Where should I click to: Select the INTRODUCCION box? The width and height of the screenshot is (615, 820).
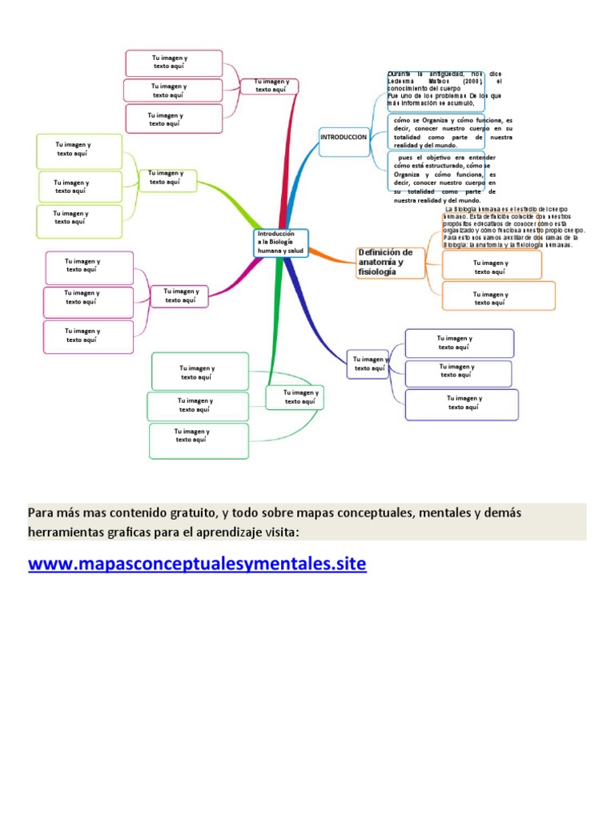[x=344, y=138]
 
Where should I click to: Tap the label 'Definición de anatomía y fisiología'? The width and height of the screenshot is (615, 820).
[x=387, y=263]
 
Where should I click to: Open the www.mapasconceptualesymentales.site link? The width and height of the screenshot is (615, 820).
[x=197, y=564]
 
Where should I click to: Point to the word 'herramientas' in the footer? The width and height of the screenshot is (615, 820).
[x=72, y=533]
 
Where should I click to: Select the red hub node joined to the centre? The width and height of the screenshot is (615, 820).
[x=271, y=86]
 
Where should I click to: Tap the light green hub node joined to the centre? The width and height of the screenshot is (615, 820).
[x=166, y=178]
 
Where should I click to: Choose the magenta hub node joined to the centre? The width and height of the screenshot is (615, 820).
[x=179, y=296]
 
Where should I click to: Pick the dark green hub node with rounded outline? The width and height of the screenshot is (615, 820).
[x=295, y=397]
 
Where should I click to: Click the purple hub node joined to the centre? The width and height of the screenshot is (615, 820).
[x=368, y=364]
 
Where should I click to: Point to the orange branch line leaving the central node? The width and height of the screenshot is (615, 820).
[x=332, y=255]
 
